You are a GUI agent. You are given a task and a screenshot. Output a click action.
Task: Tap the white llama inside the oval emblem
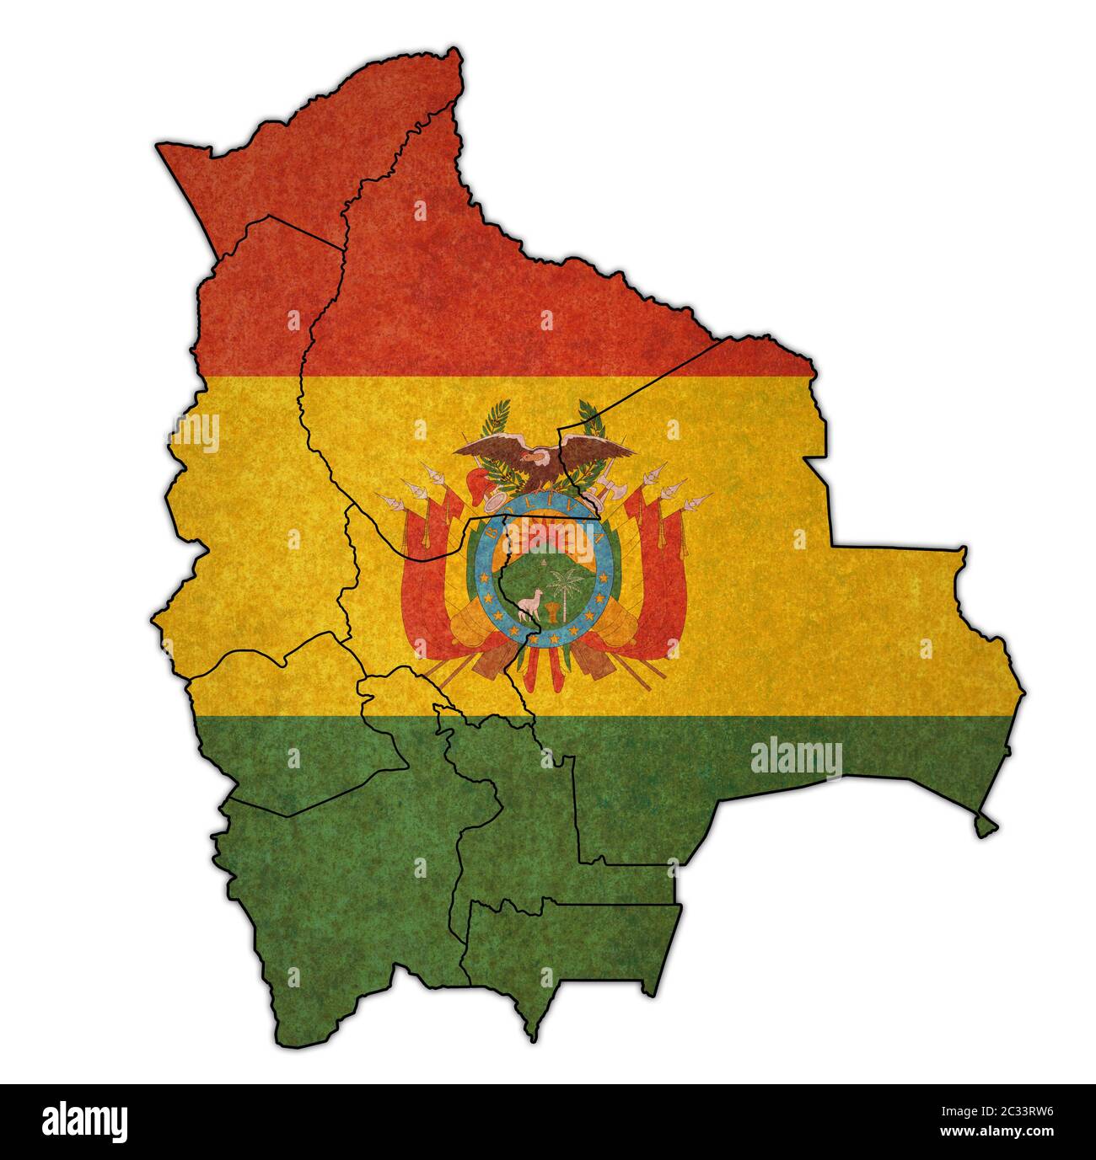coord(530,604)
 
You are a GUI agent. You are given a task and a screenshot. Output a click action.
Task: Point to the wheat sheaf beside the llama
coord(552,610)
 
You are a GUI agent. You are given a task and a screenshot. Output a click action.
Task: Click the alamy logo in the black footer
coord(85,1121)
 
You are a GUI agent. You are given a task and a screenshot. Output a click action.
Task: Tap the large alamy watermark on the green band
coord(795,756)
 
